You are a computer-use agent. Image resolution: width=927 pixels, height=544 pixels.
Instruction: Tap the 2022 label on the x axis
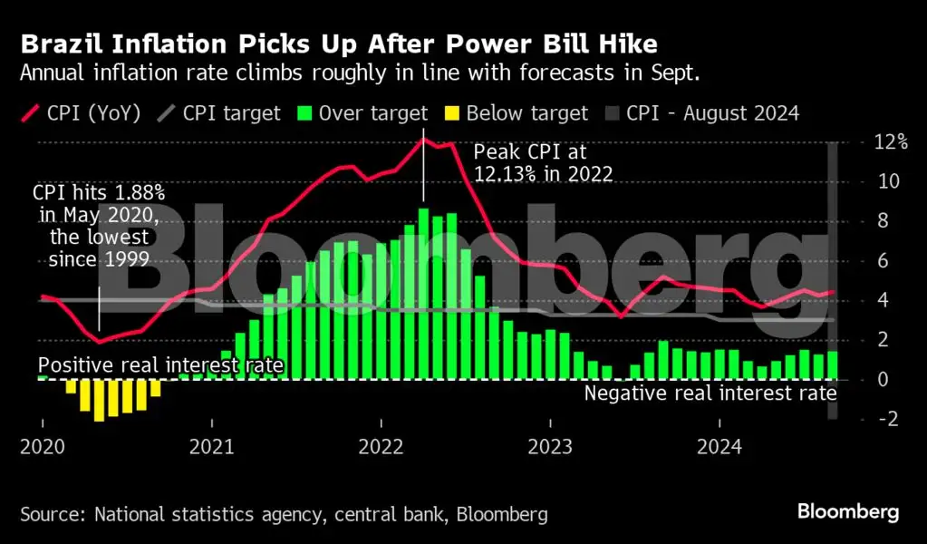pos(381,447)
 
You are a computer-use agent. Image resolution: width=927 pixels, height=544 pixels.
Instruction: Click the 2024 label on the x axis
pos(719,447)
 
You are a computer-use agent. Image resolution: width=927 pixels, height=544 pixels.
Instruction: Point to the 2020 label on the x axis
pos(43,447)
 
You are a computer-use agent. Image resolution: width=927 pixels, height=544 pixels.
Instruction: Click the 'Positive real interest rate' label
pos(161,365)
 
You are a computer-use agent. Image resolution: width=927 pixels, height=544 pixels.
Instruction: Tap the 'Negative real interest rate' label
pos(710,393)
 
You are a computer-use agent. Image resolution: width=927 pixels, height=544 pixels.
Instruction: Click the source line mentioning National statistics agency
pos(284,515)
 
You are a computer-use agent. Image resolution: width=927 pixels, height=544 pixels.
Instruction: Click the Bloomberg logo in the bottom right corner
pos(848,512)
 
